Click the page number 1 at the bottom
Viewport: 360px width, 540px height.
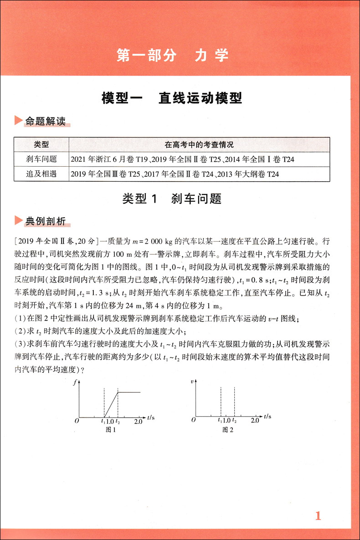(x=318, y=516)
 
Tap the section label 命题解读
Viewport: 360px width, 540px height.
(x=46, y=122)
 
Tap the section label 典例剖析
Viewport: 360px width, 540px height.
(x=46, y=221)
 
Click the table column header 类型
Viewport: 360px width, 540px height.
(x=41, y=145)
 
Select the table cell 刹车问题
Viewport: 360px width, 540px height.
(x=41, y=159)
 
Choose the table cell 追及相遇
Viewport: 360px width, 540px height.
(x=41, y=174)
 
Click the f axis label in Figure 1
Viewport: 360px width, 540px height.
(x=75, y=382)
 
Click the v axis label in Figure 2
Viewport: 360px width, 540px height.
(x=192, y=382)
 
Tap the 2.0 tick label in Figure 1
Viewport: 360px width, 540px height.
(x=139, y=421)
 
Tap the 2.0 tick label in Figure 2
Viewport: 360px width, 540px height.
(x=255, y=421)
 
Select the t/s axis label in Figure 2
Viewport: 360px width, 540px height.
(x=268, y=416)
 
